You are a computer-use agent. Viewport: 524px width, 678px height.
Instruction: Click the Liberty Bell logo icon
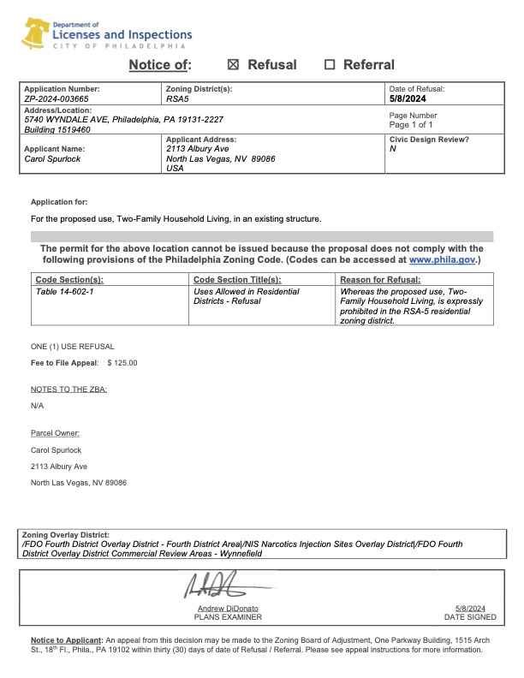pyautogui.click(x=36, y=35)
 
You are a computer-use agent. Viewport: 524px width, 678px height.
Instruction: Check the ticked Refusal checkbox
pyautogui.click(x=234, y=65)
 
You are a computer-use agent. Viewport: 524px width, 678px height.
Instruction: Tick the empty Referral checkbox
pyautogui.click(x=330, y=65)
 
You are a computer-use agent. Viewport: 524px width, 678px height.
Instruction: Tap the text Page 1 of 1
pyautogui.click(x=411, y=125)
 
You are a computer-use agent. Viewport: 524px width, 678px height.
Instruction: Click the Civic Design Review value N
pyautogui.click(x=392, y=149)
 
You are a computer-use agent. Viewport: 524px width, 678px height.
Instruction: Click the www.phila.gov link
pyautogui.click(x=442, y=259)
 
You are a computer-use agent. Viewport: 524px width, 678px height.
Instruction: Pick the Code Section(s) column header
pyautogui.click(x=69, y=280)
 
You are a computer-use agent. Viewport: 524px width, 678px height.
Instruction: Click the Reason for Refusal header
pyautogui.click(x=380, y=280)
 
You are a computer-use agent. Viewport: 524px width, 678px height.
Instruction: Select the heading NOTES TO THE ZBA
pyautogui.click(x=69, y=390)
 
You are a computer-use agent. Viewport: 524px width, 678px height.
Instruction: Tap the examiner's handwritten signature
pyautogui.click(x=213, y=588)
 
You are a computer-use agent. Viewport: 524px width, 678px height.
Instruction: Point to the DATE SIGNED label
pyautogui.click(x=470, y=616)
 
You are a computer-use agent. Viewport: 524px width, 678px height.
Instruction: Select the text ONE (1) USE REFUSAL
pyautogui.click(x=73, y=347)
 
